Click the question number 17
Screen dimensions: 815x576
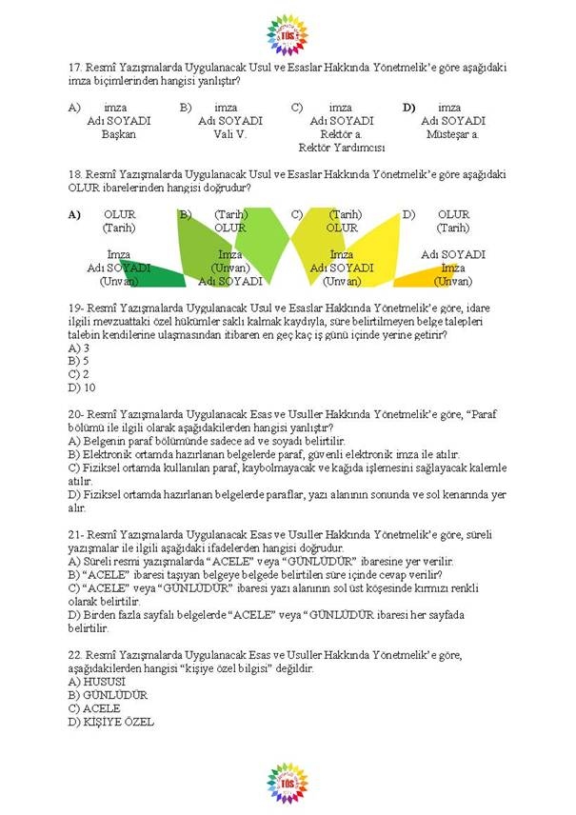pyautogui.click(x=75, y=68)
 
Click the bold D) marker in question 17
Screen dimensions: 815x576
pyautogui.click(x=409, y=108)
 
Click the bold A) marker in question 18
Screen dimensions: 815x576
pyautogui.click(x=75, y=214)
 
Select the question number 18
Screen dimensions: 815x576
pyautogui.click(x=75, y=174)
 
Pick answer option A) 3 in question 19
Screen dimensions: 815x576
pyautogui.click(x=79, y=348)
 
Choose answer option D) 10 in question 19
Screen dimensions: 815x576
pyautogui.click(x=82, y=388)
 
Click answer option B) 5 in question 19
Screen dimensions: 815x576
pyautogui.click(x=79, y=361)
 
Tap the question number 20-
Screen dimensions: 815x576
pyautogui.click(x=77, y=414)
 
